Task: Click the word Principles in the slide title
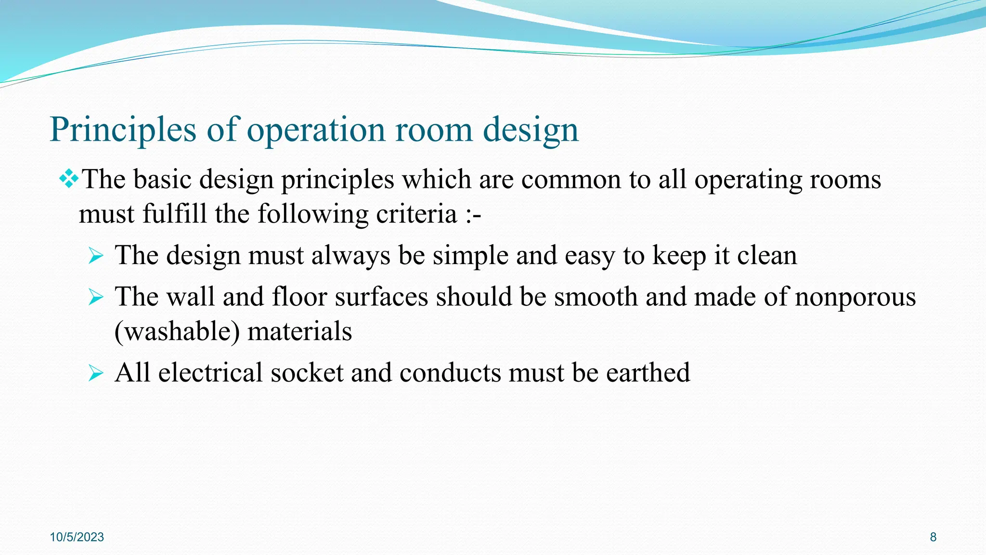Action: (123, 130)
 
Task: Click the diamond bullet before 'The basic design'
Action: (69, 180)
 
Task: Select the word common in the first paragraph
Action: (571, 180)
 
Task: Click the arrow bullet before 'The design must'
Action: (96, 256)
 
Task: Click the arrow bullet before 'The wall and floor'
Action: (96, 297)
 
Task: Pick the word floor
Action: (299, 297)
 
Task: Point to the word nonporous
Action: (855, 297)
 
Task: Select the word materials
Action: (299, 332)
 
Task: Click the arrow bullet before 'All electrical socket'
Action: (96, 373)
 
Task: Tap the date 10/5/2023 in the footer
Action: (77, 537)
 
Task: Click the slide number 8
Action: (933, 537)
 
